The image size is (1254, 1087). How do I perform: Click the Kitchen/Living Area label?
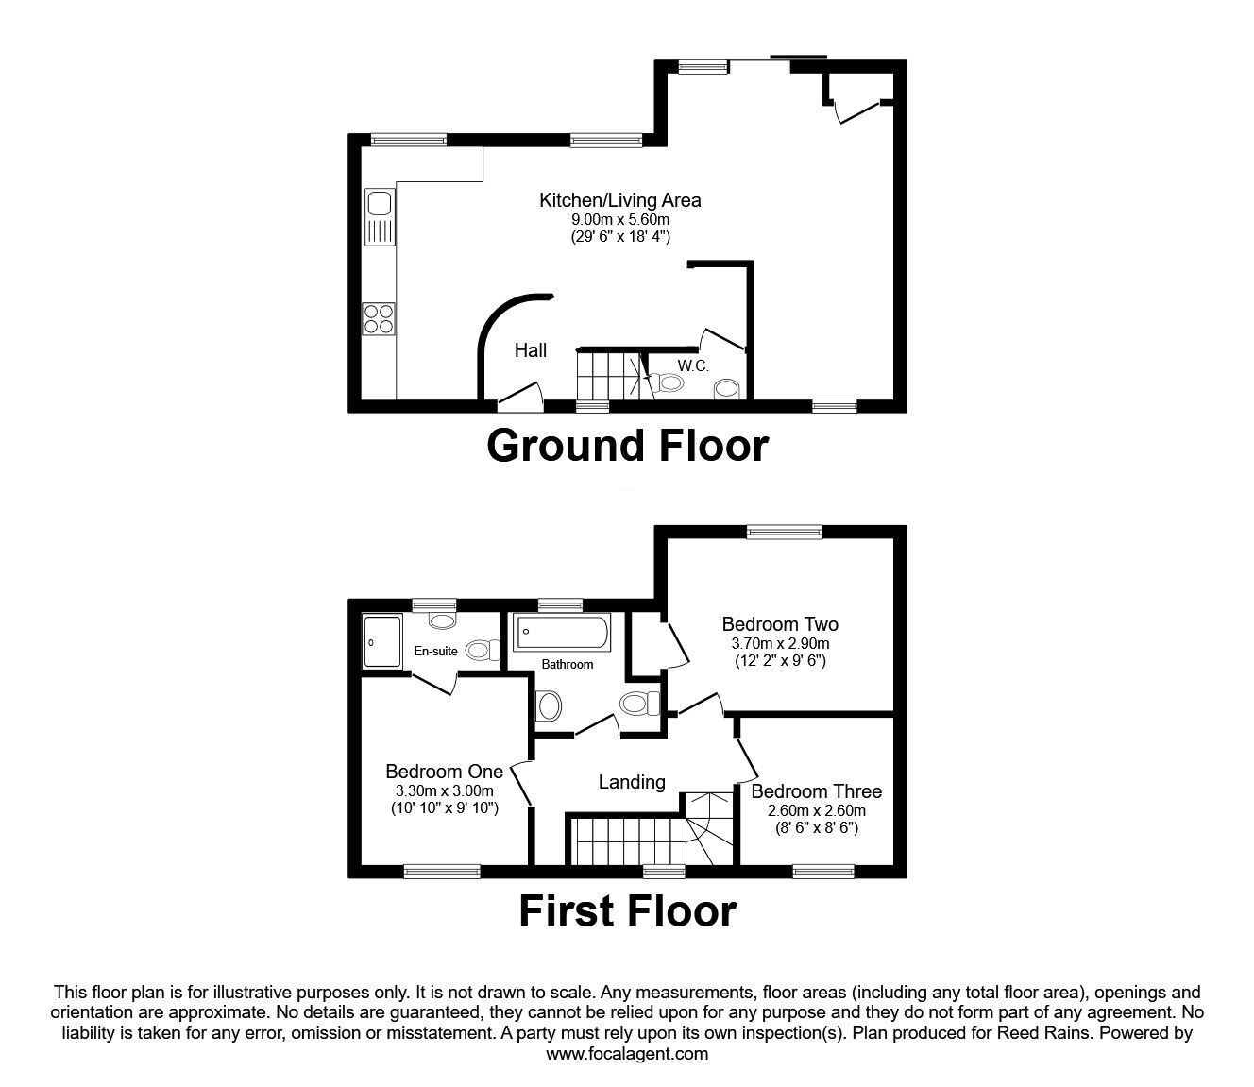pos(619,200)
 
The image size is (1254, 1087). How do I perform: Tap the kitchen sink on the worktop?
pos(380,217)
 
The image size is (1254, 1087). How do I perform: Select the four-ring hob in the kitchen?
pos(380,317)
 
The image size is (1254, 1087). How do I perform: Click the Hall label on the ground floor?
pos(530,350)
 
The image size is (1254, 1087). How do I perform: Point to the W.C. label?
pos(693,365)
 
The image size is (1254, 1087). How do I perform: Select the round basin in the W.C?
pos(727,388)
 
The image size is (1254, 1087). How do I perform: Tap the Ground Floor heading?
pos(627,446)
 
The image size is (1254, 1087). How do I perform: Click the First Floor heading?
pos(627,911)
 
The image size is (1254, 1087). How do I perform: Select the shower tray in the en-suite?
pos(381,641)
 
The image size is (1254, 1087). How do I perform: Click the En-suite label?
pos(435,651)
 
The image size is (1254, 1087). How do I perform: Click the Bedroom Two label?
pos(780,623)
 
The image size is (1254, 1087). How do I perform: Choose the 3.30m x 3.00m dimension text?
pos(445,790)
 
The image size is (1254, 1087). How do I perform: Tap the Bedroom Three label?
pos(816,791)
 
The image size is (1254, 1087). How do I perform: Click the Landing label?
pos(632,782)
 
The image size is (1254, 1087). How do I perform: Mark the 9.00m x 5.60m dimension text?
pos(619,219)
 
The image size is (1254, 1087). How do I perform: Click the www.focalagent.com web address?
pos(627,1054)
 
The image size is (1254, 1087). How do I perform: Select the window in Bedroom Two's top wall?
pos(784,533)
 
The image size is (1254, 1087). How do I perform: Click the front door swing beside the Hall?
pos(519,395)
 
